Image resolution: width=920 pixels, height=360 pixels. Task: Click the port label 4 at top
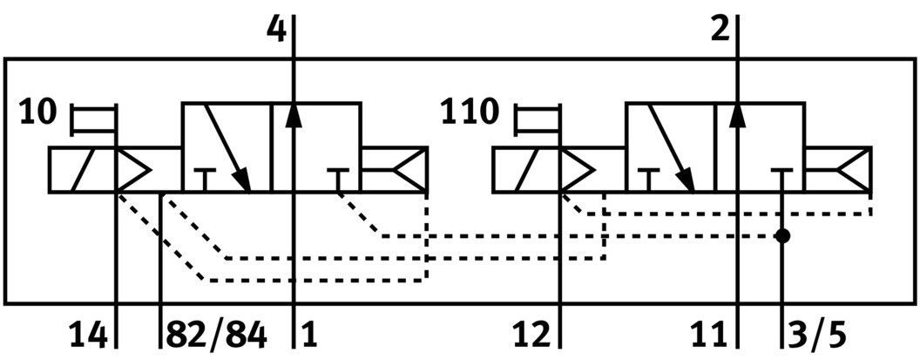pyautogui.click(x=275, y=30)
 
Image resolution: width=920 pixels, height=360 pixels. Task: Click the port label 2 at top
pyautogui.click(x=720, y=30)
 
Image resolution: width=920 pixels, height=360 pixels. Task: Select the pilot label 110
pyautogui.click(x=471, y=113)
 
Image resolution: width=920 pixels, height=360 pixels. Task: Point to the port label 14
pyautogui.click(x=90, y=334)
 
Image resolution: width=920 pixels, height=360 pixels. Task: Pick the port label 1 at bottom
pyautogui.click(x=310, y=334)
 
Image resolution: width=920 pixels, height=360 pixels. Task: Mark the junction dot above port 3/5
pyautogui.click(x=783, y=235)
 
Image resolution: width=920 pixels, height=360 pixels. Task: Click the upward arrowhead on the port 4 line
pyautogui.click(x=294, y=113)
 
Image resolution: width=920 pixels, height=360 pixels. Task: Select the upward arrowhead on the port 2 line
pyautogui.click(x=738, y=113)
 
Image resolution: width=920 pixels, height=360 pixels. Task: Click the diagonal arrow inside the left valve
pyautogui.click(x=228, y=148)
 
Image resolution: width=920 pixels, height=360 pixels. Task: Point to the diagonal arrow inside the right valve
pyautogui.click(x=673, y=148)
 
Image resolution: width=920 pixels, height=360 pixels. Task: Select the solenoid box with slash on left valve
pyautogui.click(x=82, y=169)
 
